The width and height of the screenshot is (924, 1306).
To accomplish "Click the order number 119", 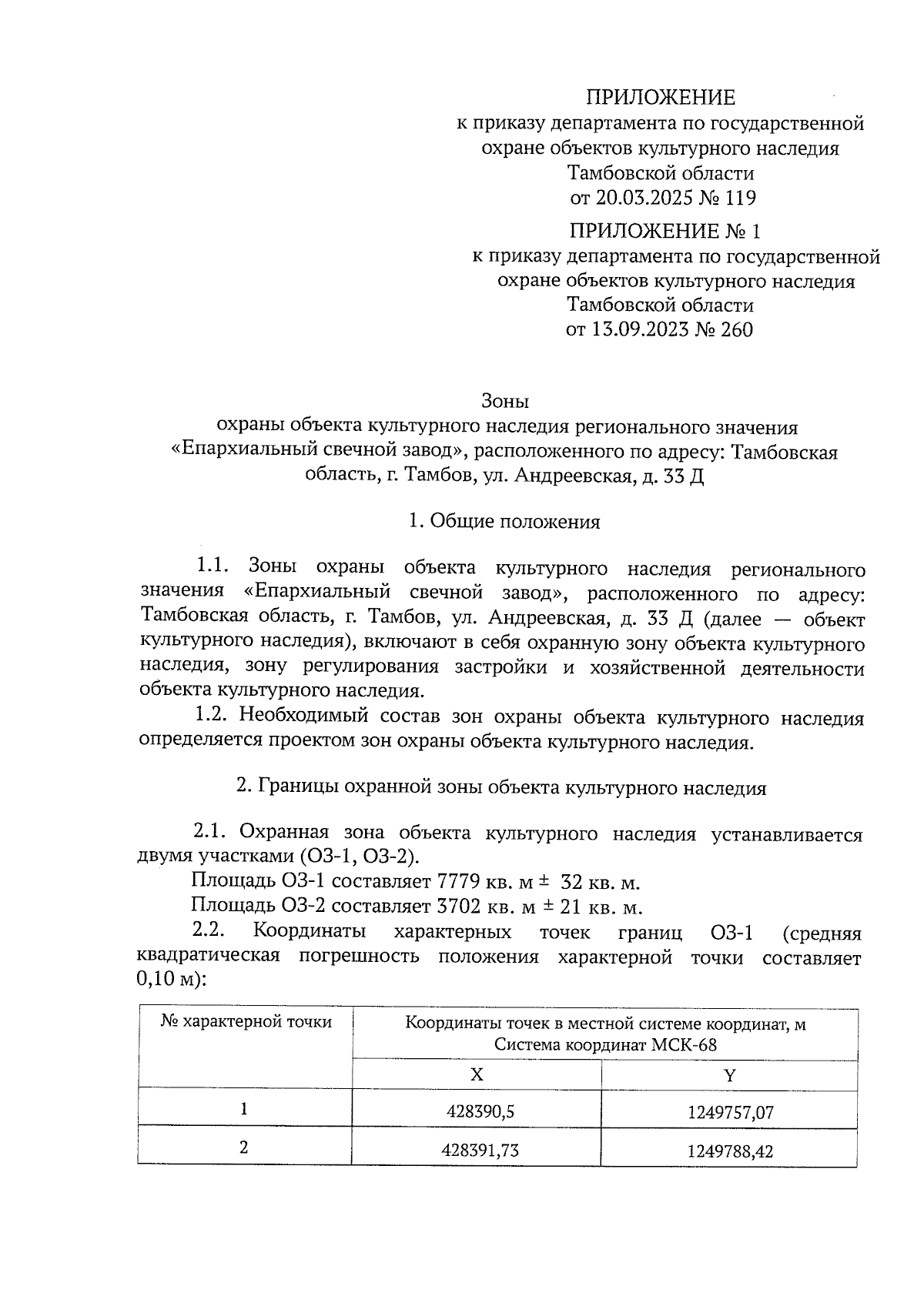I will click(x=740, y=199).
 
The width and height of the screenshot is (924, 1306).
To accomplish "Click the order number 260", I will click(x=736, y=330).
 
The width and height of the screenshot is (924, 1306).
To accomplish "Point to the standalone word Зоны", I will click(x=505, y=401).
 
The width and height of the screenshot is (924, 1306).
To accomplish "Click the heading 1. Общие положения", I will click(x=505, y=522).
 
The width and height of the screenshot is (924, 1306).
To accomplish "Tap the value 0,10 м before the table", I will click(x=168, y=981).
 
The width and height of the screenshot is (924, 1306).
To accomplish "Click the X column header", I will click(x=477, y=1074).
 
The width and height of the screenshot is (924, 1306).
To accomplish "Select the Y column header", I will click(x=729, y=1074).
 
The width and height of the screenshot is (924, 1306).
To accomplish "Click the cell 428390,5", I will click(x=477, y=1112).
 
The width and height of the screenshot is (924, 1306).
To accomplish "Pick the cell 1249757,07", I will click(x=729, y=1112).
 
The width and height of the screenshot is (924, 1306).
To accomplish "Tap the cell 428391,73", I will click(x=477, y=1151).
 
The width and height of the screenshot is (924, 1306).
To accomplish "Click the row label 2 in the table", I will click(x=244, y=1147).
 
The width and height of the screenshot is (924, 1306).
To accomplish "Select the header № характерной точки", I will click(x=246, y=1022).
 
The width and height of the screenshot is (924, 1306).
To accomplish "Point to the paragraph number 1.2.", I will click(x=209, y=717).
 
